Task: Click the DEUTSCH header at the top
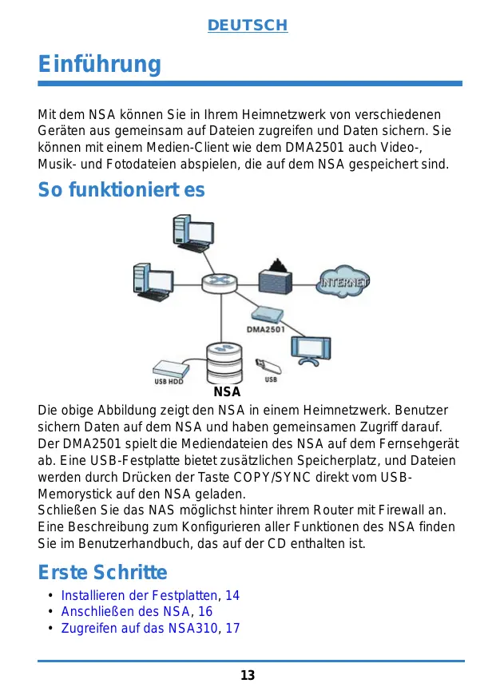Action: point(248,26)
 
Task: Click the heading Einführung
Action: point(100,63)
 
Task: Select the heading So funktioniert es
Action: point(121,190)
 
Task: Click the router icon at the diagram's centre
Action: point(216,282)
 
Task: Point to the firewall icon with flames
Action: point(277,277)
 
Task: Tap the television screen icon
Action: point(308,348)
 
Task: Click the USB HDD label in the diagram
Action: point(169,381)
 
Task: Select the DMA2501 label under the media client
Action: point(265,329)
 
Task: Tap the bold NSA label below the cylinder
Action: point(228,392)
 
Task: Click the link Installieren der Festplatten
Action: point(139,595)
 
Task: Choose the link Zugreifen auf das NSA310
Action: point(139,628)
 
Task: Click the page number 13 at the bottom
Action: point(248,676)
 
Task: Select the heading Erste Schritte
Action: point(103,573)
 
